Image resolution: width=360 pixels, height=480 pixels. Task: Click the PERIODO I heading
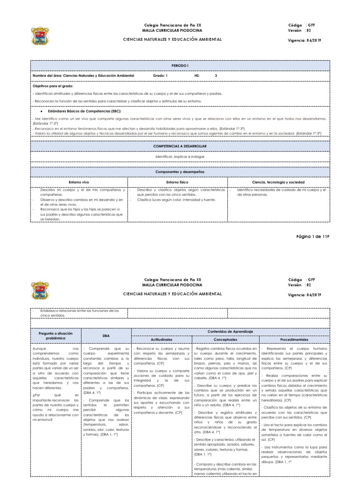(180, 65)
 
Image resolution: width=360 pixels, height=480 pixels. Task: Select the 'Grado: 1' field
(160, 75)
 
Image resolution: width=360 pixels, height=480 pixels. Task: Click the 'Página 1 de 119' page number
(313, 237)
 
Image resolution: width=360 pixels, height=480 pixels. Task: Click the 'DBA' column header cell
(106, 335)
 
